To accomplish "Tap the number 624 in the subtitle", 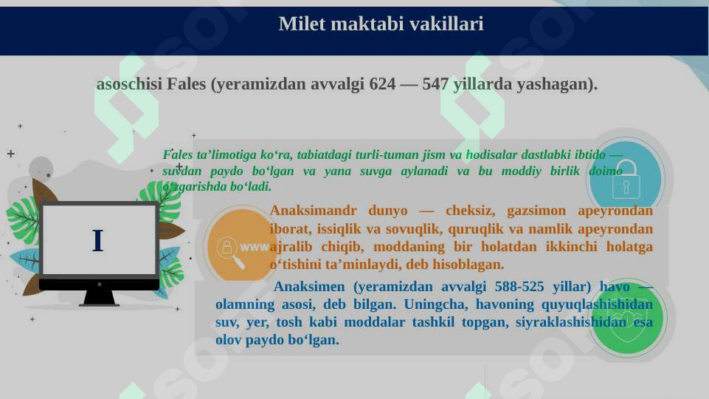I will click(381, 84).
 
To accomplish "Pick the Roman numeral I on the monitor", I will click(97, 241).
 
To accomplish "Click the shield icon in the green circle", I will click(628, 319).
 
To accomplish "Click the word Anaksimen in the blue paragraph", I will click(311, 287).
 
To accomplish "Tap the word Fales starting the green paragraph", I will click(176, 155).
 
